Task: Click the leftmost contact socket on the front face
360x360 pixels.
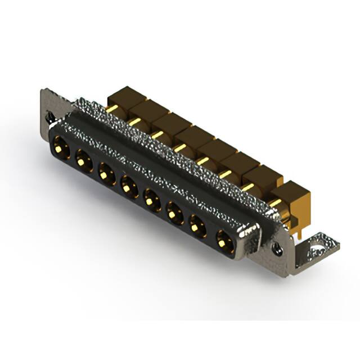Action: (61, 149)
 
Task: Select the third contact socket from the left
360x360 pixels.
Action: (106, 173)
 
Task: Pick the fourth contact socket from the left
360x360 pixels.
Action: (129, 184)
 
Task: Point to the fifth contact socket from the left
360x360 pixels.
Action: (151, 197)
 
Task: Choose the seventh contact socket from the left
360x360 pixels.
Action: (197, 226)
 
